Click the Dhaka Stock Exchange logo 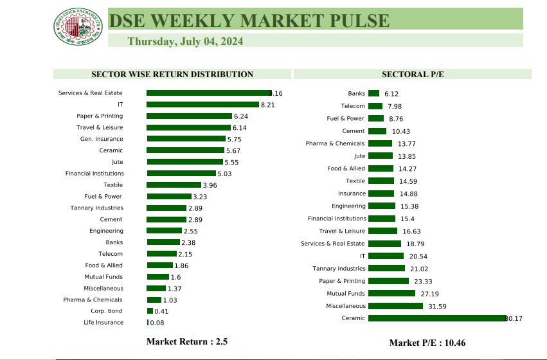tap(78, 26)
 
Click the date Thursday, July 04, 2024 tap(185, 41)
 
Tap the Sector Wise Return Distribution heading tap(172, 74)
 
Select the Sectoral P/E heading tap(413, 74)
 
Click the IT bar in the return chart tap(202, 104)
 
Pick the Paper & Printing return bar tap(189, 116)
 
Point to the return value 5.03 tap(224, 174)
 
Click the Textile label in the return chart tap(113, 185)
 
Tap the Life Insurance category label tap(103, 323)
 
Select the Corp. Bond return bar tap(150, 311)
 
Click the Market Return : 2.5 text tap(187, 341)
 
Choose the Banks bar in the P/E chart tap(373, 93)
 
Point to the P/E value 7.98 tap(395, 106)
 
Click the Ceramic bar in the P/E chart tap(437, 318)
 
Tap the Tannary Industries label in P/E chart tap(339, 269)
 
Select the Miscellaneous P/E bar tap(396, 306)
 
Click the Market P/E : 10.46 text tap(427, 343)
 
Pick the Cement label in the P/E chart tap(354, 131)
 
